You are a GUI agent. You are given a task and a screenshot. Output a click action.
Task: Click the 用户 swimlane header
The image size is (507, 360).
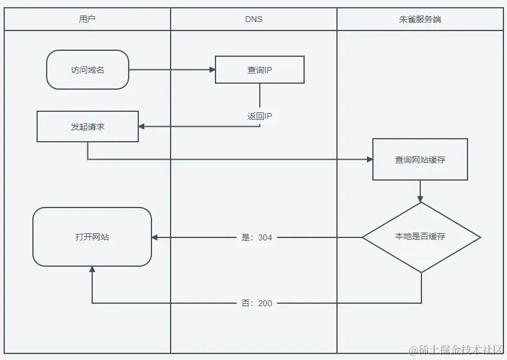pyautogui.click(x=87, y=19)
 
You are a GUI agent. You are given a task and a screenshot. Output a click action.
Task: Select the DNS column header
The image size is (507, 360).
pyautogui.click(x=254, y=19)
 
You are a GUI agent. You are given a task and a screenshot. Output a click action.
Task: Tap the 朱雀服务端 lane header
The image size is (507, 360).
pyautogui.click(x=420, y=19)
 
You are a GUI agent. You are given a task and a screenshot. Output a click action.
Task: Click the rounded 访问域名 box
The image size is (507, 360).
pyautogui.click(x=87, y=69)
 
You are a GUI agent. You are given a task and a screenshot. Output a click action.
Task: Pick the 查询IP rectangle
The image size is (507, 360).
pyautogui.click(x=260, y=69)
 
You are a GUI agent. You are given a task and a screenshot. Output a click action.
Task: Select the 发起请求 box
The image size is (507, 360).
pyautogui.click(x=87, y=126)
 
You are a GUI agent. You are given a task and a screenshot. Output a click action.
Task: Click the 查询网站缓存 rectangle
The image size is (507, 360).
pyautogui.click(x=420, y=159)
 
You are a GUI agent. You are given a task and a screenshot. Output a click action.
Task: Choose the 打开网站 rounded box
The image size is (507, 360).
pyautogui.click(x=92, y=237)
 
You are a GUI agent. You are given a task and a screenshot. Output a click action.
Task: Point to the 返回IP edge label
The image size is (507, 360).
pyautogui.click(x=260, y=116)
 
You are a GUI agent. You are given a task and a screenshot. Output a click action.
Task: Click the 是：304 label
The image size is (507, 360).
pyautogui.click(x=256, y=237)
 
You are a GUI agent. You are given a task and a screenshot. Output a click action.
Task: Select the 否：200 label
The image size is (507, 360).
pyautogui.click(x=256, y=303)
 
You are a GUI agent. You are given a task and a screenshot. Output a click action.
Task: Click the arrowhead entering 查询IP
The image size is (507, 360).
pyautogui.click(x=212, y=69)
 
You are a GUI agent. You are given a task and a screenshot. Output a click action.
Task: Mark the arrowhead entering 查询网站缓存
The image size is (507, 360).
pyautogui.click(x=369, y=159)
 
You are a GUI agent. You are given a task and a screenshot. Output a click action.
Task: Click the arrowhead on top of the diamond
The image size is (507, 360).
pyautogui.click(x=420, y=199)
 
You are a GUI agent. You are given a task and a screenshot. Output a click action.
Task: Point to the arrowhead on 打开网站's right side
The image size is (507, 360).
pyautogui.click(x=155, y=237)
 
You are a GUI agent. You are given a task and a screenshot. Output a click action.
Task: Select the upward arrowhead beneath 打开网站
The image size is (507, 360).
pyautogui.click(x=92, y=270)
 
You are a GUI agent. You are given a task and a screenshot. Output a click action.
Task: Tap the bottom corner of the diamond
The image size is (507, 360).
pyautogui.click(x=421, y=272)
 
